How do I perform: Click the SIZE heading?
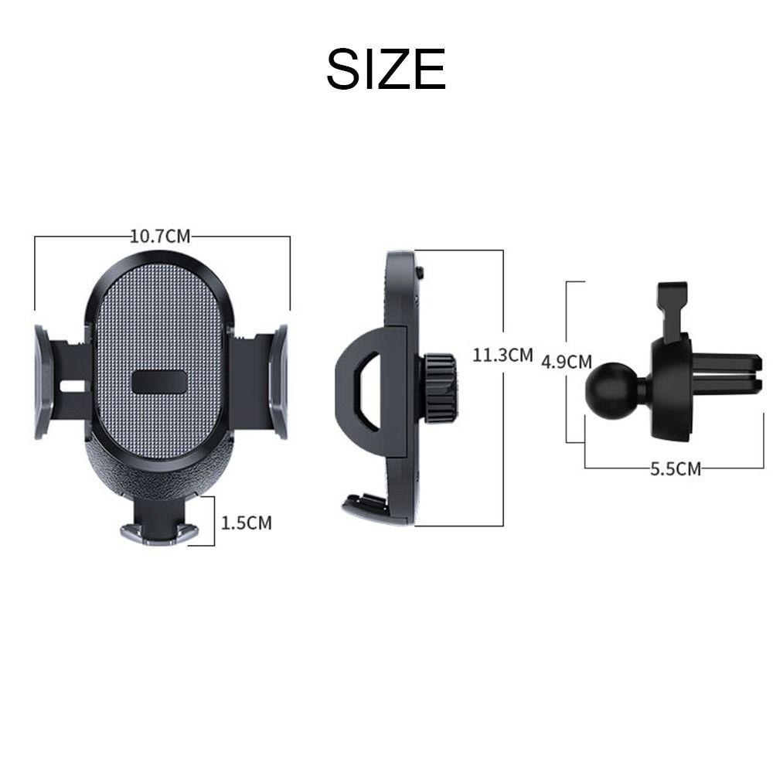click(386, 69)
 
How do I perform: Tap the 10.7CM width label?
click(160, 236)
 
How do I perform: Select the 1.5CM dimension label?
click(246, 523)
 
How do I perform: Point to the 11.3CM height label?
click(502, 355)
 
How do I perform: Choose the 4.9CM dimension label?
click(567, 362)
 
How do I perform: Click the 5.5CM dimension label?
click(676, 469)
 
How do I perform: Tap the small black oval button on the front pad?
click(160, 382)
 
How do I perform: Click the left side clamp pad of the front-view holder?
click(43, 382)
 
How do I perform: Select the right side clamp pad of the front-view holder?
click(278, 382)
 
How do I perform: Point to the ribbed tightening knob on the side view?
click(439, 388)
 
